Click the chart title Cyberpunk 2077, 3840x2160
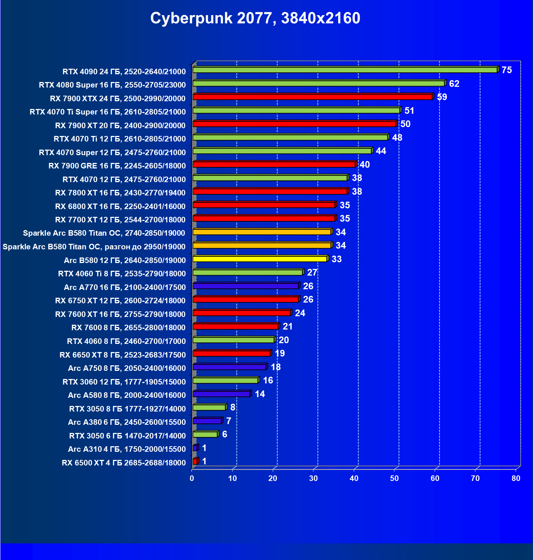pos(255,18)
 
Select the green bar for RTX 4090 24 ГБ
pos(345,70)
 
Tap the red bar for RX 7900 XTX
pos(312,97)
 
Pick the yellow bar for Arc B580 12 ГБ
pos(259,259)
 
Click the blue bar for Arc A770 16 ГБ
pos(245,286)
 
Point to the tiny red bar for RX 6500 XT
pos(195,461)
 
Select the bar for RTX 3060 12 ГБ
pos(225,380)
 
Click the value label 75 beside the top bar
pos(507,70)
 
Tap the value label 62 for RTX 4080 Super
pos(454,83)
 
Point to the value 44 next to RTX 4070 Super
pos(381,151)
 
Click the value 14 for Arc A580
pos(260,394)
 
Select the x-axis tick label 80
pos(516,478)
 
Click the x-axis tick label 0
pos(192,478)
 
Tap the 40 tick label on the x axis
pos(354,478)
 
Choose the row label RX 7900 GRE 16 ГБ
pos(117,166)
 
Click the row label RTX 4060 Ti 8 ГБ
pos(122,274)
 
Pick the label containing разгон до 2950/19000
pos(94,247)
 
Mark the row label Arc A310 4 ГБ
pos(126,449)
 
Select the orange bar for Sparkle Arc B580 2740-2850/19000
pos(262,232)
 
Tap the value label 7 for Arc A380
pos(229,421)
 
